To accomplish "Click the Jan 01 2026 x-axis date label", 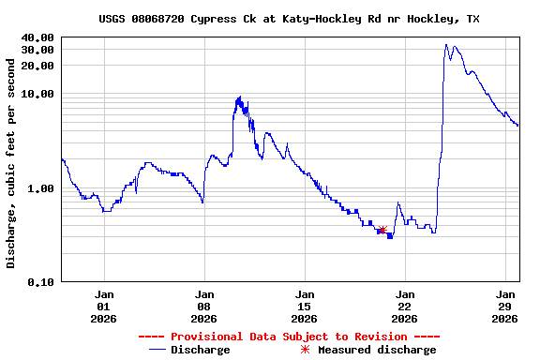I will (104, 306).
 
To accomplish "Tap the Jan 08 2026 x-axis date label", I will (204, 306).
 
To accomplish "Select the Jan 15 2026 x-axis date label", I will (305, 306).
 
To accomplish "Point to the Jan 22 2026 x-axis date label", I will (405, 306).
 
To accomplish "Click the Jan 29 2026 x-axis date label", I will (505, 306).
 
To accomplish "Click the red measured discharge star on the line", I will (382, 230).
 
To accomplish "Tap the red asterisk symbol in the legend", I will (305, 350).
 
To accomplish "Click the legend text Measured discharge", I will (377, 350).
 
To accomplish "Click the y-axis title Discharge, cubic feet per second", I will (11, 163).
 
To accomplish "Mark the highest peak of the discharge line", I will (446, 44).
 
